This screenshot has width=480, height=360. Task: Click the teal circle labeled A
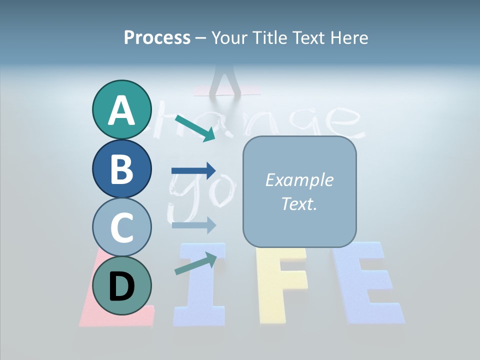click(121, 109)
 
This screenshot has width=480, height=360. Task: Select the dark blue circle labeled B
click(121, 168)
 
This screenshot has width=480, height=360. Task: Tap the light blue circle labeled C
click(121, 227)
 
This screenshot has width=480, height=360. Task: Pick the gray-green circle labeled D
click(121, 285)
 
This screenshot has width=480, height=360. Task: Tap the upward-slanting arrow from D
click(195, 263)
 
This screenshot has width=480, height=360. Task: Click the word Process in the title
click(157, 37)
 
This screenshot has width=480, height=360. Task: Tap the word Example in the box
click(299, 180)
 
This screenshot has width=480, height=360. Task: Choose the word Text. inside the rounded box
click(299, 203)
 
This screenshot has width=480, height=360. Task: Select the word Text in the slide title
click(305, 37)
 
